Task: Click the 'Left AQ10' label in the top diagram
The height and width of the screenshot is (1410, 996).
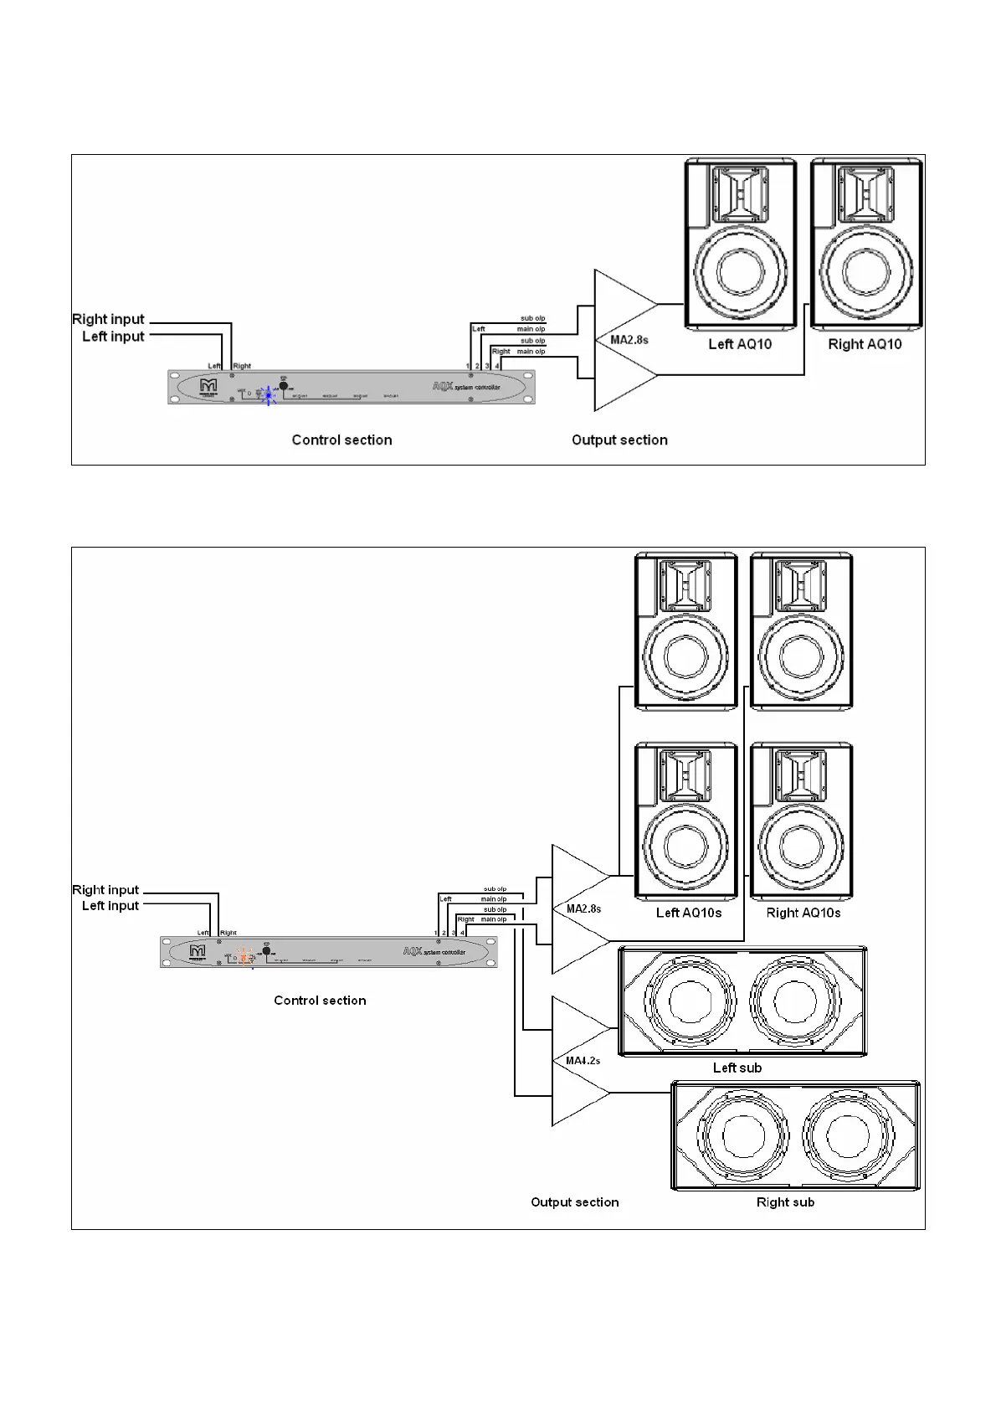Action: [740, 344]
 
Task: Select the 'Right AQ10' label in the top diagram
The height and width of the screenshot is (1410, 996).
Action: [865, 344]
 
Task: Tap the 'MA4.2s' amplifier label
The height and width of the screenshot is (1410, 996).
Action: [583, 1061]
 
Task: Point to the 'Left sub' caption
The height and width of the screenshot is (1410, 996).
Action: [737, 1068]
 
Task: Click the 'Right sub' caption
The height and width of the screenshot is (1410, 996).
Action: [785, 1202]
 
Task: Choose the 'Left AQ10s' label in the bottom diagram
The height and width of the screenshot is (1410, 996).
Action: [688, 913]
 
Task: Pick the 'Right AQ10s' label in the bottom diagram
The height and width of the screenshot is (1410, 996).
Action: [803, 913]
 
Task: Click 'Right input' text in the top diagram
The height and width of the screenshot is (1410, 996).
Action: [108, 319]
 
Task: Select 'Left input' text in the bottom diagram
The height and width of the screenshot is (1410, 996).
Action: [110, 906]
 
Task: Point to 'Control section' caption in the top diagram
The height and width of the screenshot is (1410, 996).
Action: [341, 440]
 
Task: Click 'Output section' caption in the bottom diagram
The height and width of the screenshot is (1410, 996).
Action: [575, 1202]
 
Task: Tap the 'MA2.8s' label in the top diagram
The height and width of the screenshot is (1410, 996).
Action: [629, 340]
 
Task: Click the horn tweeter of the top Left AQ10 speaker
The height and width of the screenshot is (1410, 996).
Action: [740, 191]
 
